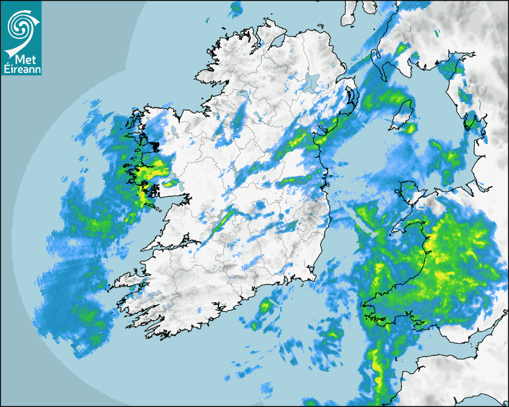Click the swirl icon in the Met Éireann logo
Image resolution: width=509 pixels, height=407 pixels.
pyautogui.click(x=21, y=26)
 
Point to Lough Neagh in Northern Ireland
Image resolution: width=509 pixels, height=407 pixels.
pyautogui.click(x=311, y=83)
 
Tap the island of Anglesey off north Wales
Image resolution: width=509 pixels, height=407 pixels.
pyautogui.click(x=409, y=190)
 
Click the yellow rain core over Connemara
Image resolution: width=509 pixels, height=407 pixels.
pyautogui.click(x=144, y=192)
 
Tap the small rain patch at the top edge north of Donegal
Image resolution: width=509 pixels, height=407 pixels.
pyautogui.click(x=237, y=8)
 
